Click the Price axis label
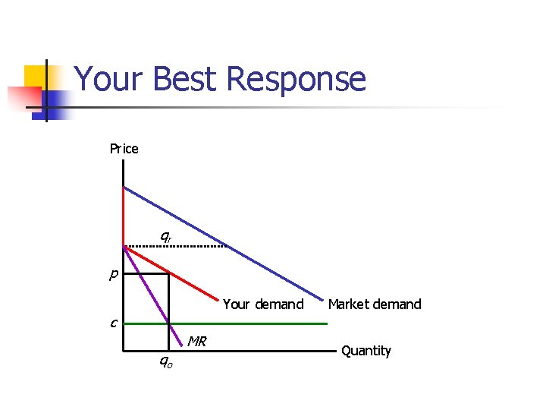[124, 149]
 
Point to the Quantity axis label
[366, 351]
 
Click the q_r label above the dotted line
[165, 236]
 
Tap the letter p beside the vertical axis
[112, 274]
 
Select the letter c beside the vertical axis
[112, 323]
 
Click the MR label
[198, 341]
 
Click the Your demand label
[263, 304]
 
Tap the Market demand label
[374, 304]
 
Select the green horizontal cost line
[250, 323]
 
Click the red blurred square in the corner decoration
[23, 98]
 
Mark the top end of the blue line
[124, 187]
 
